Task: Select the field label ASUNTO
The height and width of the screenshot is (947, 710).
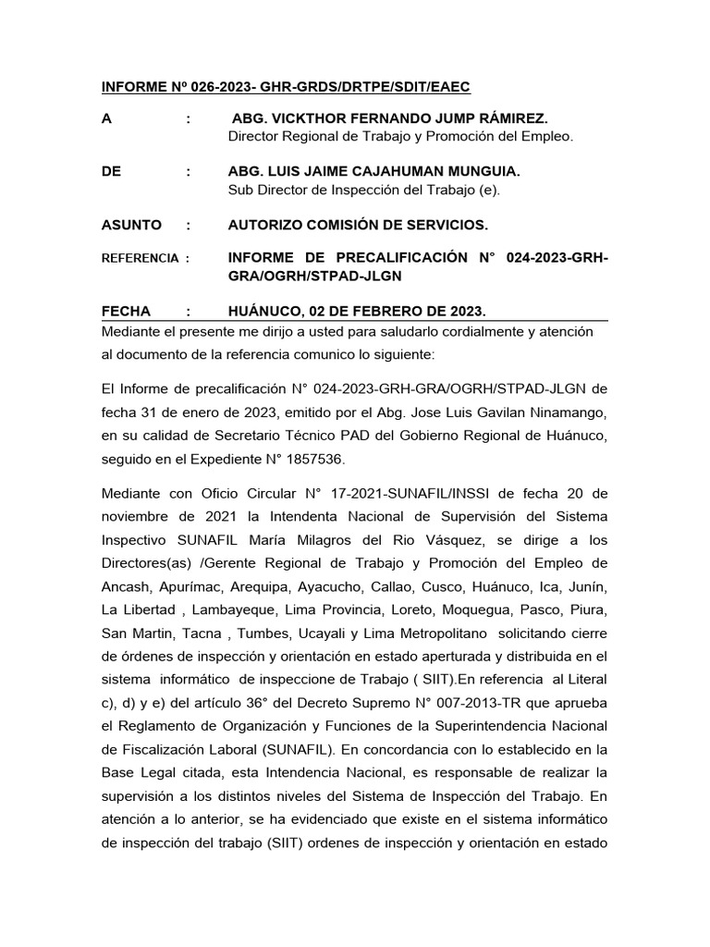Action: pos(130,225)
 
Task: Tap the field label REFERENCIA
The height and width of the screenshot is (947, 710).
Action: pos(139,259)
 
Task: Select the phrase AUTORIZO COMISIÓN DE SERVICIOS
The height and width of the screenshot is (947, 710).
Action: pos(358,225)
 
